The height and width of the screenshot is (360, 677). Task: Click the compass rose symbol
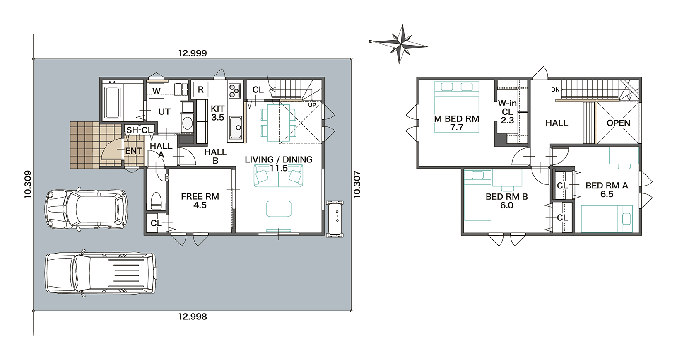(400, 44)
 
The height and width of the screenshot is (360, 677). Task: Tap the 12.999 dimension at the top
(193, 53)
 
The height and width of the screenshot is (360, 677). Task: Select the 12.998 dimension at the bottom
(193, 317)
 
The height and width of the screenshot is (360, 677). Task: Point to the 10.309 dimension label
(28, 184)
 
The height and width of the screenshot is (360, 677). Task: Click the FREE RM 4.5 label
(200, 201)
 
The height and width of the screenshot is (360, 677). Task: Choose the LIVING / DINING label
(278, 159)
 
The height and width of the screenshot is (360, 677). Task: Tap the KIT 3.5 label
(218, 113)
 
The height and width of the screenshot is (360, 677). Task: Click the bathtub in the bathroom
(113, 102)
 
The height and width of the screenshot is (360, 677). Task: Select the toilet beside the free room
(156, 201)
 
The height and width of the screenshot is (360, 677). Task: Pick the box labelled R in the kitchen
(200, 90)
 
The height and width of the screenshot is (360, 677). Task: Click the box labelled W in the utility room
(156, 91)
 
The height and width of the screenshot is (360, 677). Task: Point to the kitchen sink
(236, 128)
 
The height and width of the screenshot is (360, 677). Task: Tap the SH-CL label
(139, 130)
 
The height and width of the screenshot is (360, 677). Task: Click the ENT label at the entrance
(134, 151)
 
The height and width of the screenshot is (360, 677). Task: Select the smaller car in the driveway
(86, 209)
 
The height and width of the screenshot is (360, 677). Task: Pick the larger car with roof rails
(101, 273)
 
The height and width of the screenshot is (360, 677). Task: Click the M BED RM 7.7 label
(457, 123)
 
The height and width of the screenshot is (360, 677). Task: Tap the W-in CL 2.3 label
(508, 112)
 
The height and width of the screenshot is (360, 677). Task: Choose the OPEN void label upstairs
(618, 123)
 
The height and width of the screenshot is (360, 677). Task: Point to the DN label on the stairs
(555, 90)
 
